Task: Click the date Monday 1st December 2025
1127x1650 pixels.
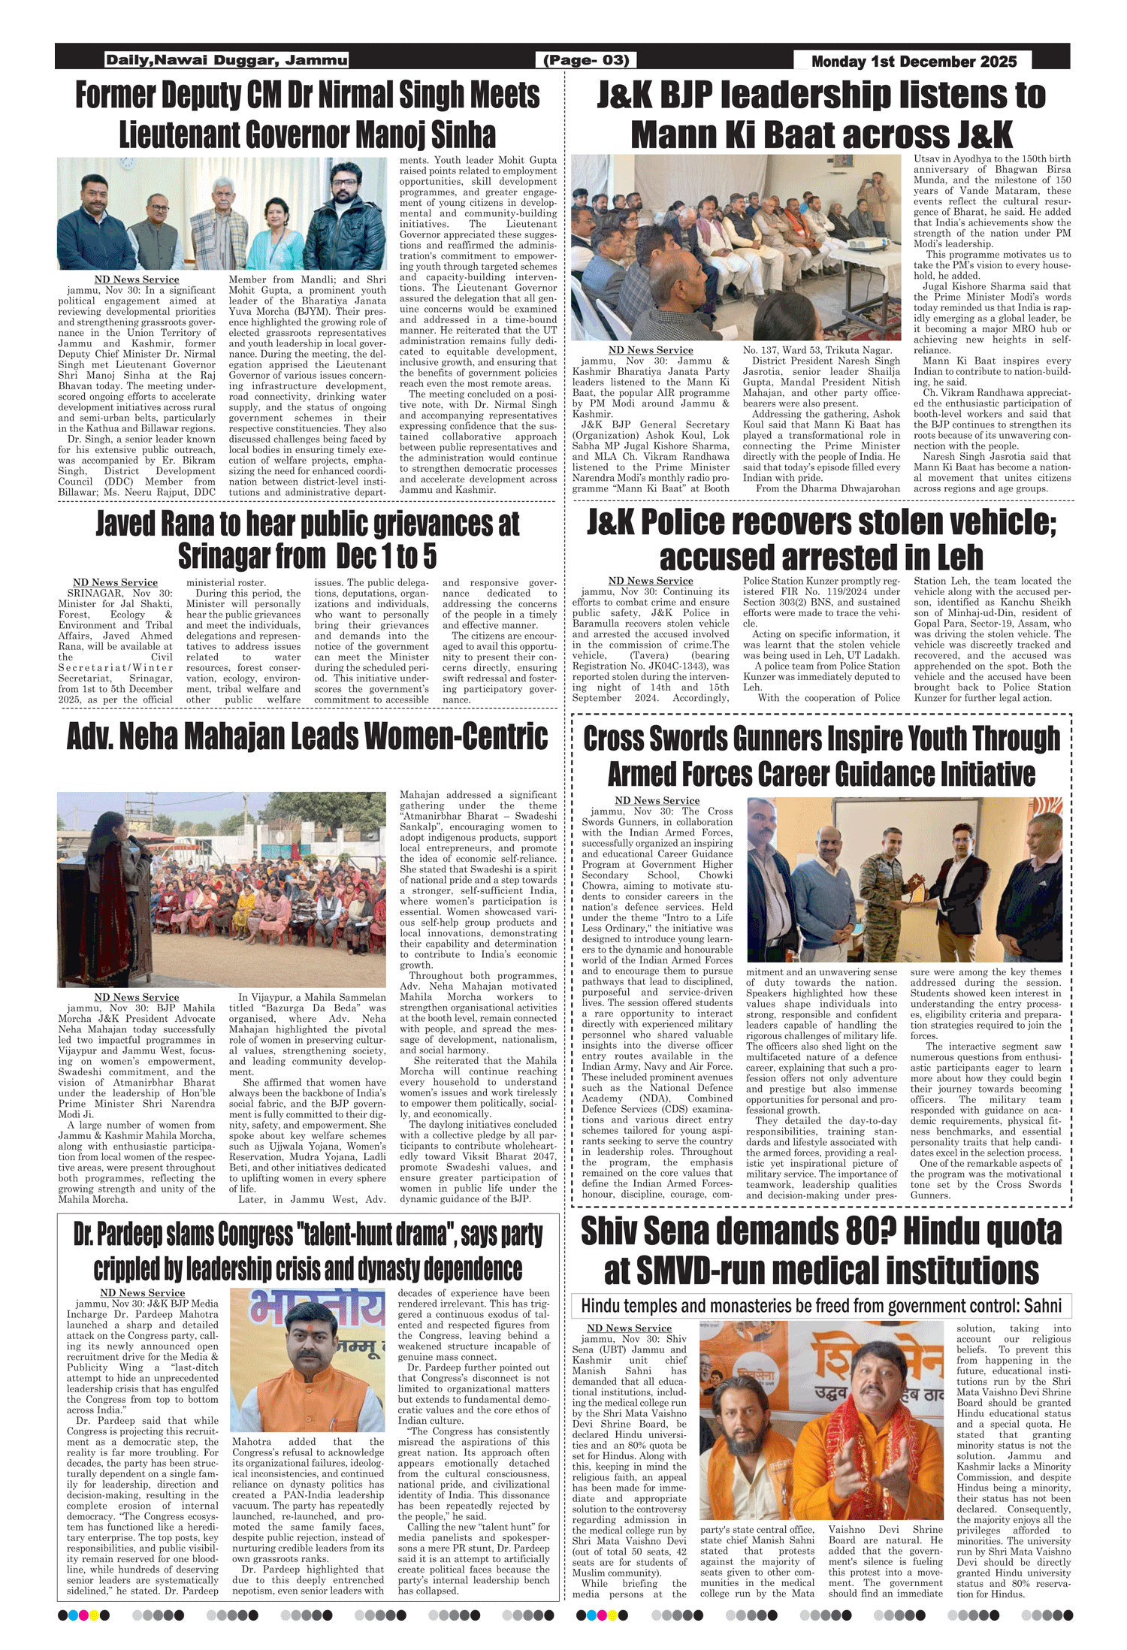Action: [914, 62]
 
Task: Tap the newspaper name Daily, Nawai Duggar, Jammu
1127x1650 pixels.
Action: [226, 60]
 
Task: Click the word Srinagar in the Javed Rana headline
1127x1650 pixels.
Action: [225, 557]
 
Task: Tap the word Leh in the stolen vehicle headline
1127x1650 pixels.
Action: [958, 557]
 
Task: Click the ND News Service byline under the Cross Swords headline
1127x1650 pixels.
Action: [657, 800]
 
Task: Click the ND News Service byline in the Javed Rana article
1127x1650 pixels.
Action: [115, 582]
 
